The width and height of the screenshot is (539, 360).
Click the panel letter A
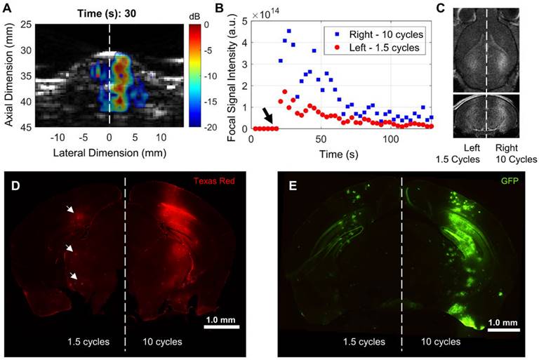(x=7, y=8)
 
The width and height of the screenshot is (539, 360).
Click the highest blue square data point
(x=288, y=32)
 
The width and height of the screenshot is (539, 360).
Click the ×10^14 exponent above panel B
(x=270, y=13)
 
